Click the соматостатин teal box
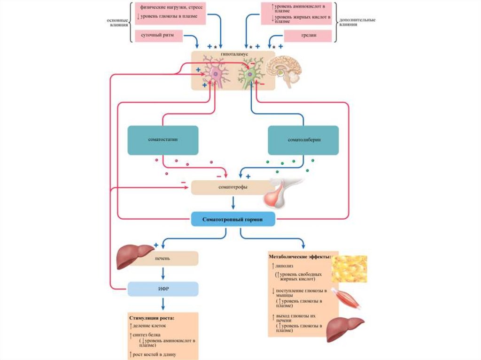point(163,140)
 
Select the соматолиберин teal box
point(303,140)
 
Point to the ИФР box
point(163,289)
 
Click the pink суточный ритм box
point(158,36)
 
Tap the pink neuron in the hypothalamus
point(216,74)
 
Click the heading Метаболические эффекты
point(300,257)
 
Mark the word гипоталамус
point(233,54)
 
